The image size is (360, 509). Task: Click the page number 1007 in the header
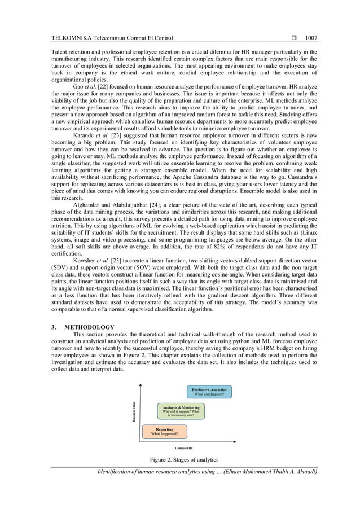pos(311,38)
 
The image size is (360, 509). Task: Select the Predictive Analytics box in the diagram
pos(209,392)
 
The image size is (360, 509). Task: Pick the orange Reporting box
pos(164,432)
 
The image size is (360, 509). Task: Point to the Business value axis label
pos(134,411)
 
